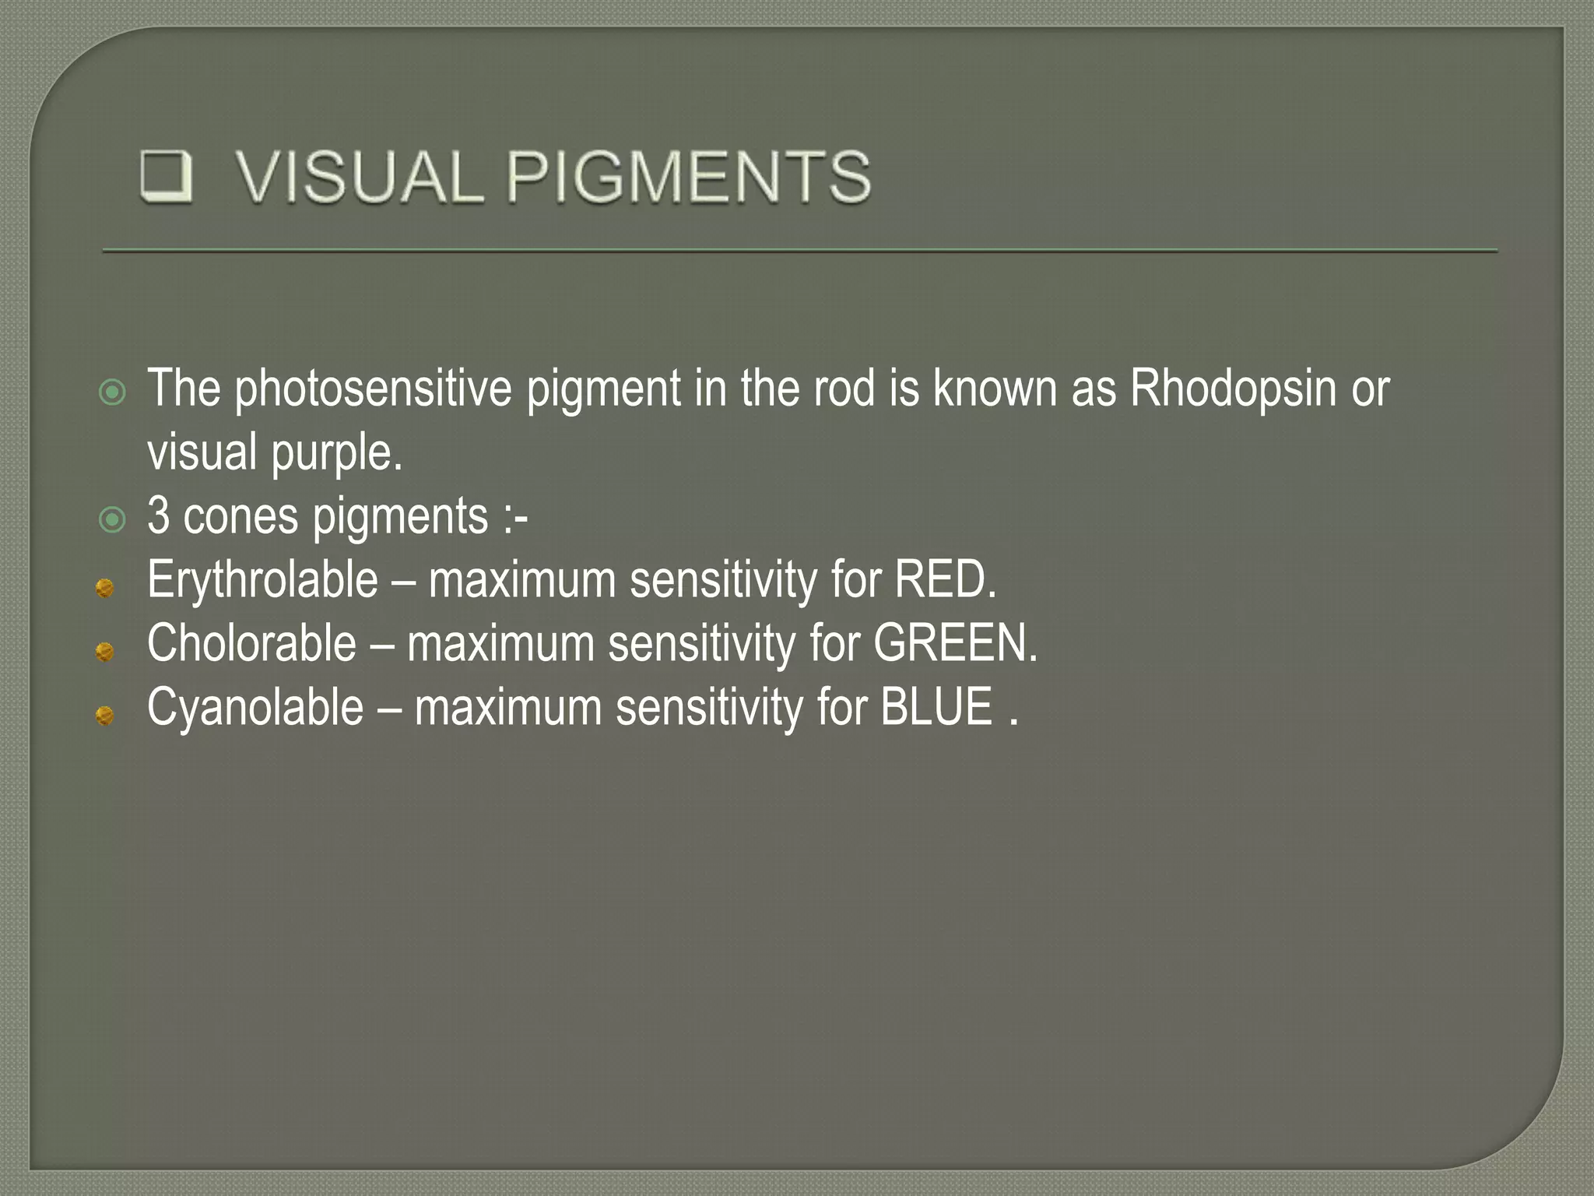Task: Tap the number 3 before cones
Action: [158, 516]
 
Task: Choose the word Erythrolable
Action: [262, 581]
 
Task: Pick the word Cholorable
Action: [251, 644]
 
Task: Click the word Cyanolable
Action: [255, 708]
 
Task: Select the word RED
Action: [943, 580]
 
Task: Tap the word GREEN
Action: [954, 644]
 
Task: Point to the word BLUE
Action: [936, 707]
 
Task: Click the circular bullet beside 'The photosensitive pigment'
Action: [113, 392]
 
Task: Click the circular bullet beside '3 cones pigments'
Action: [113, 519]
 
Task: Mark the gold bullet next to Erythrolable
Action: [105, 588]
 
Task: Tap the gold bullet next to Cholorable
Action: [105, 651]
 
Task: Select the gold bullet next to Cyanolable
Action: [105, 715]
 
